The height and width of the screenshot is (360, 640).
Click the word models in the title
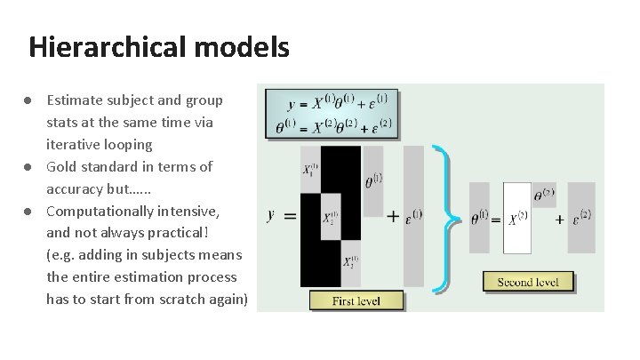[x=245, y=46]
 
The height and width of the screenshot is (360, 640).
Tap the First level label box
[x=356, y=300]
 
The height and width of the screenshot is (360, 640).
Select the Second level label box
[x=528, y=282]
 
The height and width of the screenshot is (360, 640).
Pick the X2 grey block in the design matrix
[x=330, y=217]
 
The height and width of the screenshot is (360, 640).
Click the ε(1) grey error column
[x=413, y=215]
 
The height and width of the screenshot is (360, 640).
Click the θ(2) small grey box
[x=544, y=195]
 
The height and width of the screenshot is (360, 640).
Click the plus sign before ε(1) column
[x=392, y=215]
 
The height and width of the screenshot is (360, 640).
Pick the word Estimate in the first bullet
[x=74, y=100]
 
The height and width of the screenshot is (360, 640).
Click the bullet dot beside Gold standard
[x=28, y=166]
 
